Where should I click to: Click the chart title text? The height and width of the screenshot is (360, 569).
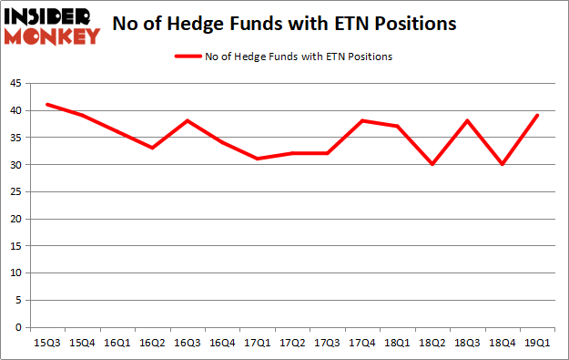pos(284,23)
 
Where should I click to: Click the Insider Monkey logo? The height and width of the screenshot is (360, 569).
pos(52,26)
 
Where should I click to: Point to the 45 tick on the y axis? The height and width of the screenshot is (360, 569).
pos(16,83)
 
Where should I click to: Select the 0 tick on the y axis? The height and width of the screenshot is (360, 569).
pos(19,327)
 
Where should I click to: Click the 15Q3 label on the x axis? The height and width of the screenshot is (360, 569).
pos(46,343)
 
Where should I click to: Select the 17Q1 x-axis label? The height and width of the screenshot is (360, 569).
pos(258,343)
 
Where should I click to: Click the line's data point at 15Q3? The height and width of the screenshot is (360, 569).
pos(46,105)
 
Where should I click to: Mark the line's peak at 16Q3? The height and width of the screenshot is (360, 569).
pos(187,121)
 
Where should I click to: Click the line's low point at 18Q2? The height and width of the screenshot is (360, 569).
pos(432,164)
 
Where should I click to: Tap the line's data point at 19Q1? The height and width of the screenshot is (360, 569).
pos(537,116)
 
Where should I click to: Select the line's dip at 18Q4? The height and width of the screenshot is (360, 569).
pos(502,164)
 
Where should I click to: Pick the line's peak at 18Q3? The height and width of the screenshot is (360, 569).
pos(467,121)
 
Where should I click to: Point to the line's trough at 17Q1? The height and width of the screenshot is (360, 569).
pos(258,159)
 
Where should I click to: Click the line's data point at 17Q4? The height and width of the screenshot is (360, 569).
pos(362,121)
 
